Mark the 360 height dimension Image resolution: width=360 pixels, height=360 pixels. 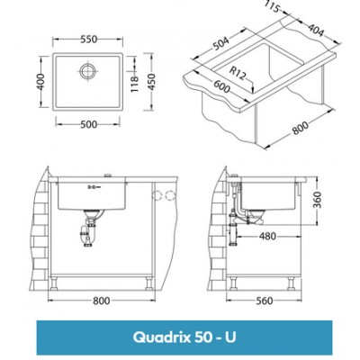(318, 198)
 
